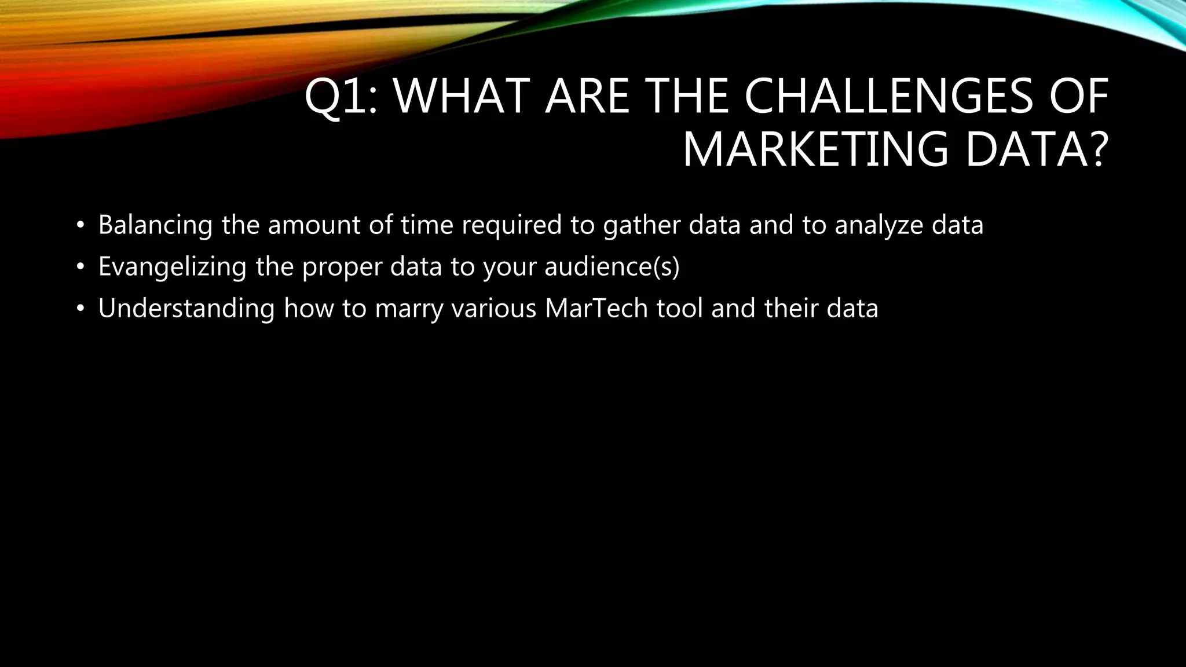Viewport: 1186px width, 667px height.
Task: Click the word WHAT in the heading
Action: [463, 97]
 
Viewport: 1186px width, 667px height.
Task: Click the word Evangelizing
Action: [172, 267]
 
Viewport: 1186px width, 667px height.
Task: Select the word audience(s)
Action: [612, 267]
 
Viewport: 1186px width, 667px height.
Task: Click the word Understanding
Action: [186, 309]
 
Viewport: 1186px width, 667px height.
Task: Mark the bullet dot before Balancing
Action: [80, 225]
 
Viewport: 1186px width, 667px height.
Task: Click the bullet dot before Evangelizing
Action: [80, 267]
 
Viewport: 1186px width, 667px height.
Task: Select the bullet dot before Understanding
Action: [80, 309]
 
